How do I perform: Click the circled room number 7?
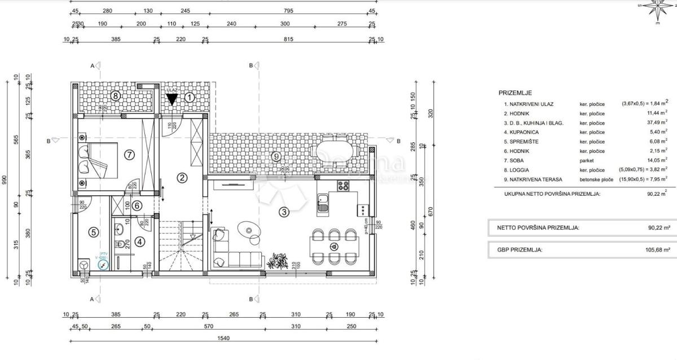pos(129,153)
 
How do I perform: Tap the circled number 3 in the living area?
pos(284,212)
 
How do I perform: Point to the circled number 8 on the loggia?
pos(115,95)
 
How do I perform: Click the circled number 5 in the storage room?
pos(94,231)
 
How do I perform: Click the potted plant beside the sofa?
pos(277,261)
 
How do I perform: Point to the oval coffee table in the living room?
pos(249,229)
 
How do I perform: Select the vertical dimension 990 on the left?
pos(5,181)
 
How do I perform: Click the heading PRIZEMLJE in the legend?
pos(515,93)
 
